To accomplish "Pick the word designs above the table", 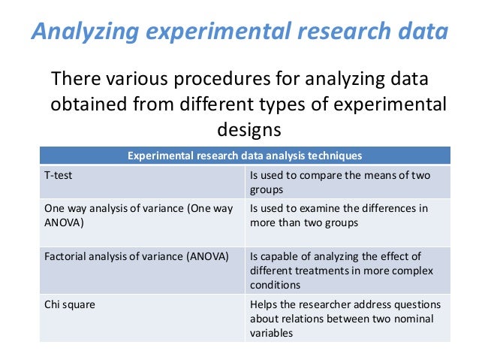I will coord(249,129).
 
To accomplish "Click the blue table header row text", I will coord(245,156).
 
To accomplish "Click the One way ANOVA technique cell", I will coord(137,216).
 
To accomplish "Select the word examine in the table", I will coord(318,208).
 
